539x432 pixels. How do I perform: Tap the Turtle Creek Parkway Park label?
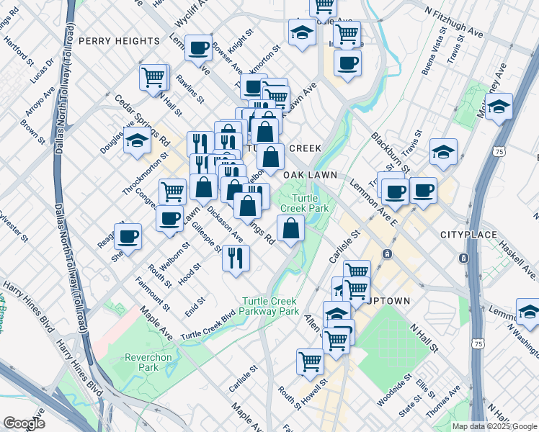270,306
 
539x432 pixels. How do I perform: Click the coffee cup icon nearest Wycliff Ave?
198,48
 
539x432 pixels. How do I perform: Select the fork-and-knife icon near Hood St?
235,257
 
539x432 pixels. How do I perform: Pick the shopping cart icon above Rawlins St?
154,76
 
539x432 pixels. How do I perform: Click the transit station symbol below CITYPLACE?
388,254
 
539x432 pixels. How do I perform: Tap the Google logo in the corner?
23,423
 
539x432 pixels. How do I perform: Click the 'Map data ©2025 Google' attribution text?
494,426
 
